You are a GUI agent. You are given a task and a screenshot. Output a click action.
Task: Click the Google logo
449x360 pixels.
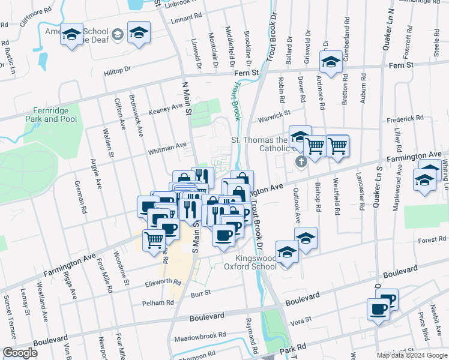click(x=20, y=352)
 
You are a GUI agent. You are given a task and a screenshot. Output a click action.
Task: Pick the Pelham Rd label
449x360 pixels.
click(x=157, y=303)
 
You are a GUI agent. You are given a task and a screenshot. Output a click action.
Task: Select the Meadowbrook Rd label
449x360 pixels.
click(x=205, y=335)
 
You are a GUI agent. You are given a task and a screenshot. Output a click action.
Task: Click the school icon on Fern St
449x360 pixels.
click(x=330, y=62)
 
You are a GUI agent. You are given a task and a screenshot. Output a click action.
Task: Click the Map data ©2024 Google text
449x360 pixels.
click(x=411, y=355)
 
